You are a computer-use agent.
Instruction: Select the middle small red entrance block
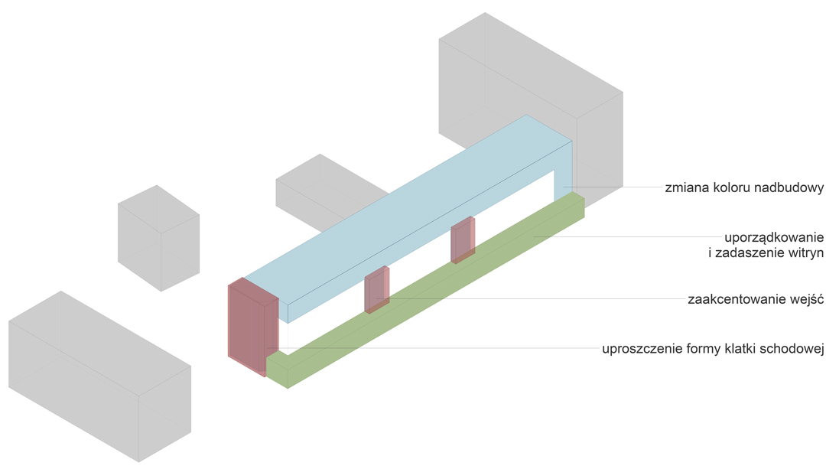click(376, 290)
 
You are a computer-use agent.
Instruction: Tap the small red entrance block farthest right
click(462, 240)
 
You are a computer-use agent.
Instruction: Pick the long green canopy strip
click(428, 298)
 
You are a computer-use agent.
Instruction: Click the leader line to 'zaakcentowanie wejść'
click(535, 299)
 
